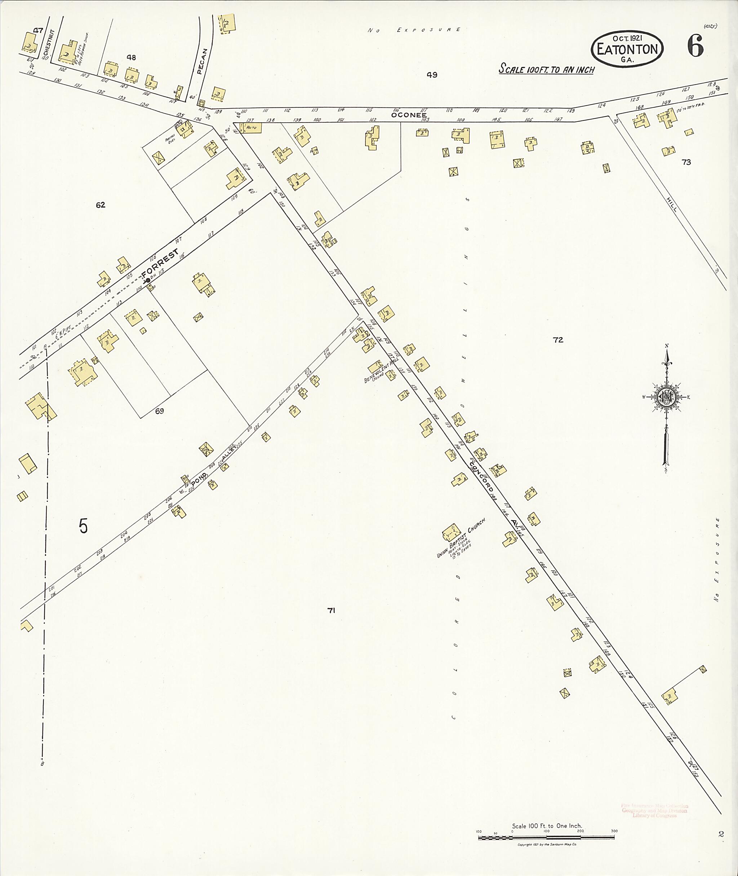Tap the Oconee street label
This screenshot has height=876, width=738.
click(x=409, y=115)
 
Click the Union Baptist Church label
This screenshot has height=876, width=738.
click(x=461, y=538)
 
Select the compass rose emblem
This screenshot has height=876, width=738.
click(x=666, y=397)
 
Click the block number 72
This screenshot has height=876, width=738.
click(x=558, y=340)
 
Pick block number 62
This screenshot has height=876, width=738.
click(x=101, y=205)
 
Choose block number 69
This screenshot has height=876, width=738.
click(x=159, y=411)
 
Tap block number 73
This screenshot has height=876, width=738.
click(x=686, y=162)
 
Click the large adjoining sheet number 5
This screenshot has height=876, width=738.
click(x=83, y=526)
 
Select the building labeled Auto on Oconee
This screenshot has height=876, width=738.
click(x=251, y=127)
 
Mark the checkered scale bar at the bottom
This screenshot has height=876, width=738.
click(x=546, y=838)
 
